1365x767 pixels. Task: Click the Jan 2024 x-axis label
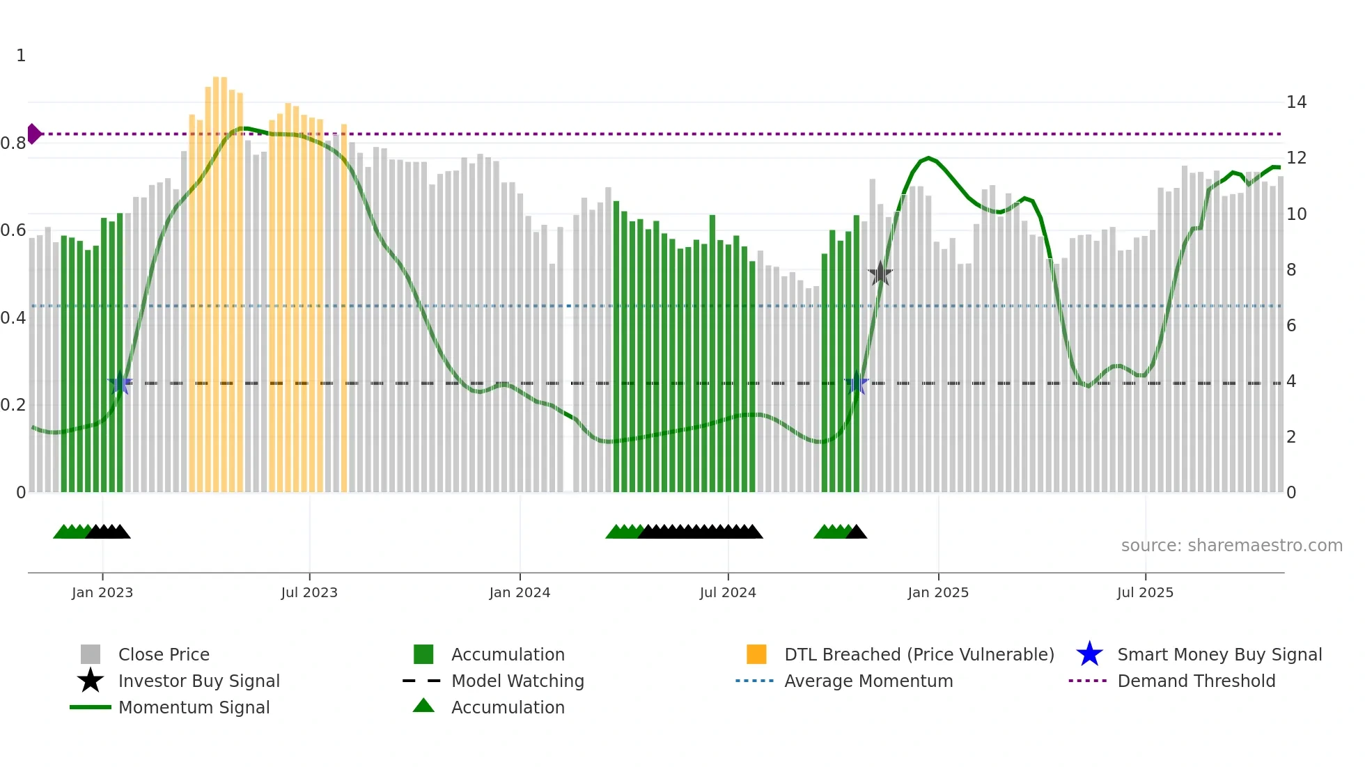(520, 592)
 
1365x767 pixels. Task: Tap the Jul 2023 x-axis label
(309, 592)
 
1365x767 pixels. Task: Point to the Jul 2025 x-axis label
(1145, 592)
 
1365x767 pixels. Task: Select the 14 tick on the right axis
(1296, 102)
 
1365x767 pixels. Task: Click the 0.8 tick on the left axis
(13, 143)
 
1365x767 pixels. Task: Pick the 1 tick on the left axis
(21, 56)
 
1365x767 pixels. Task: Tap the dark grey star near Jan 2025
(880, 274)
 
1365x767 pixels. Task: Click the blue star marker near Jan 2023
(120, 383)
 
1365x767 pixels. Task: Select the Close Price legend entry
(164, 654)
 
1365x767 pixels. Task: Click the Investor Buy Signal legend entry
(198, 681)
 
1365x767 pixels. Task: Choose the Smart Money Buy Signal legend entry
(1219, 654)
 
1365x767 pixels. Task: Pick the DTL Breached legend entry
(919, 654)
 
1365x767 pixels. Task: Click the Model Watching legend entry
(517, 681)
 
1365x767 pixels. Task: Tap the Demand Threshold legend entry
(1196, 681)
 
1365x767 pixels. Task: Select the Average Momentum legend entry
(868, 681)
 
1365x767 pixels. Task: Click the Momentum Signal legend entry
(194, 707)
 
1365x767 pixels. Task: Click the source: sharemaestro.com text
(1231, 545)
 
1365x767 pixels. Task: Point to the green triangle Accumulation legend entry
(507, 707)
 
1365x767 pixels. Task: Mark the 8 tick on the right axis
(1291, 270)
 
